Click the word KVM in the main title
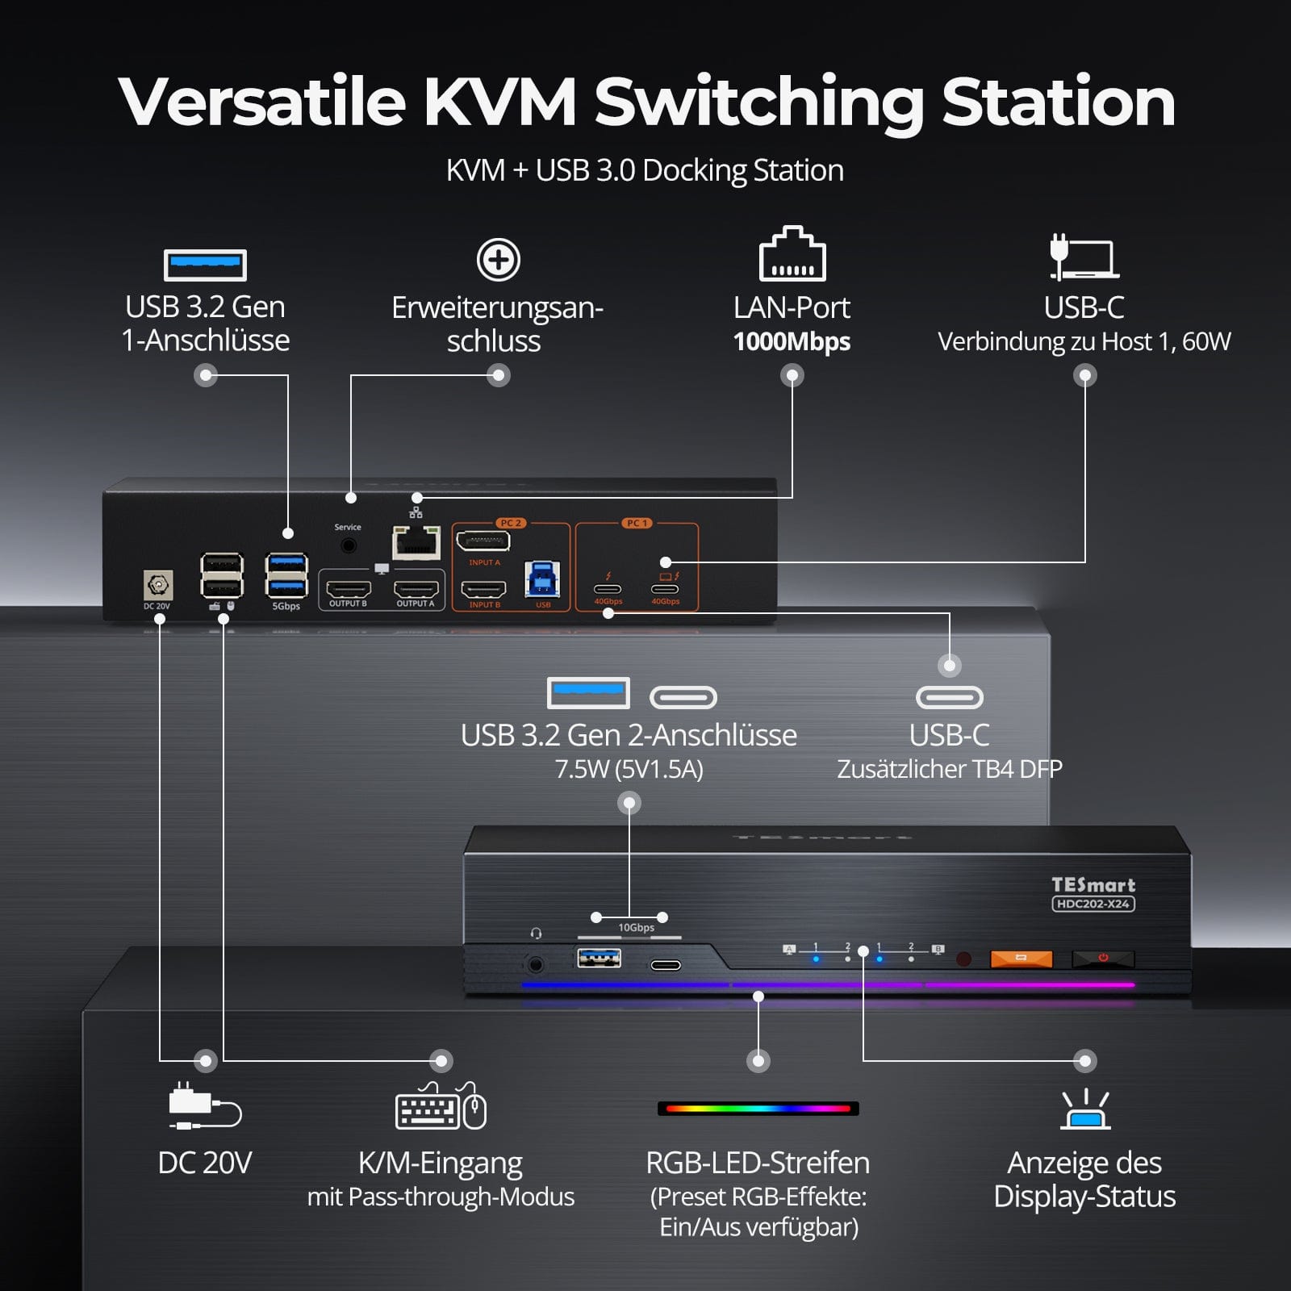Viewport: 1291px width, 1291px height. (x=500, y=102)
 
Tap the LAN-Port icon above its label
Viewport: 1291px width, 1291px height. (x=792, y=254)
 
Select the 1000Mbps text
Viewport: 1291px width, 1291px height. (x=792, y=342)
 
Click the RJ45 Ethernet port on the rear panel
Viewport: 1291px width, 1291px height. (x=416, y=542)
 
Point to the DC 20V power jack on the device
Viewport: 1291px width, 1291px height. (x=158, y=584)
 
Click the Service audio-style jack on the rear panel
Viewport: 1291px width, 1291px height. (x=349, y=545)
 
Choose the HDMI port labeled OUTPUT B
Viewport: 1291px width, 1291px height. (x=348, y=589)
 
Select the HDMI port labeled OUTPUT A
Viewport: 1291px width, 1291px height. (x=416, y=589)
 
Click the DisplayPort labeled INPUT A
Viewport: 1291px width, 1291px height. (x=483, y=541)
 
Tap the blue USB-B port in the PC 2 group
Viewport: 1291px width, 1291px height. (x=542, y=579)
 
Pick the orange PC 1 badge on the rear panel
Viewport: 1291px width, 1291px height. (x=637, y=523)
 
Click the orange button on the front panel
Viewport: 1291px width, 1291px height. (x=1021, y=959)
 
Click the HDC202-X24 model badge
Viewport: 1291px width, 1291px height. (x=1093, y=904)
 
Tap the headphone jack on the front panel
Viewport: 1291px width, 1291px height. (x=535, y=963)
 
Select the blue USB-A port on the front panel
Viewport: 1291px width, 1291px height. (x=599, y=958)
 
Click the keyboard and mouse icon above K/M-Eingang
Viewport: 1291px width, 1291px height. (x=441, y=1107)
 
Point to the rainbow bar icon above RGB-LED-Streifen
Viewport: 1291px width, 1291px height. (x=758, y=1109)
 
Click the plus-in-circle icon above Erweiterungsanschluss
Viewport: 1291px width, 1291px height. (x=499, y=260)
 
